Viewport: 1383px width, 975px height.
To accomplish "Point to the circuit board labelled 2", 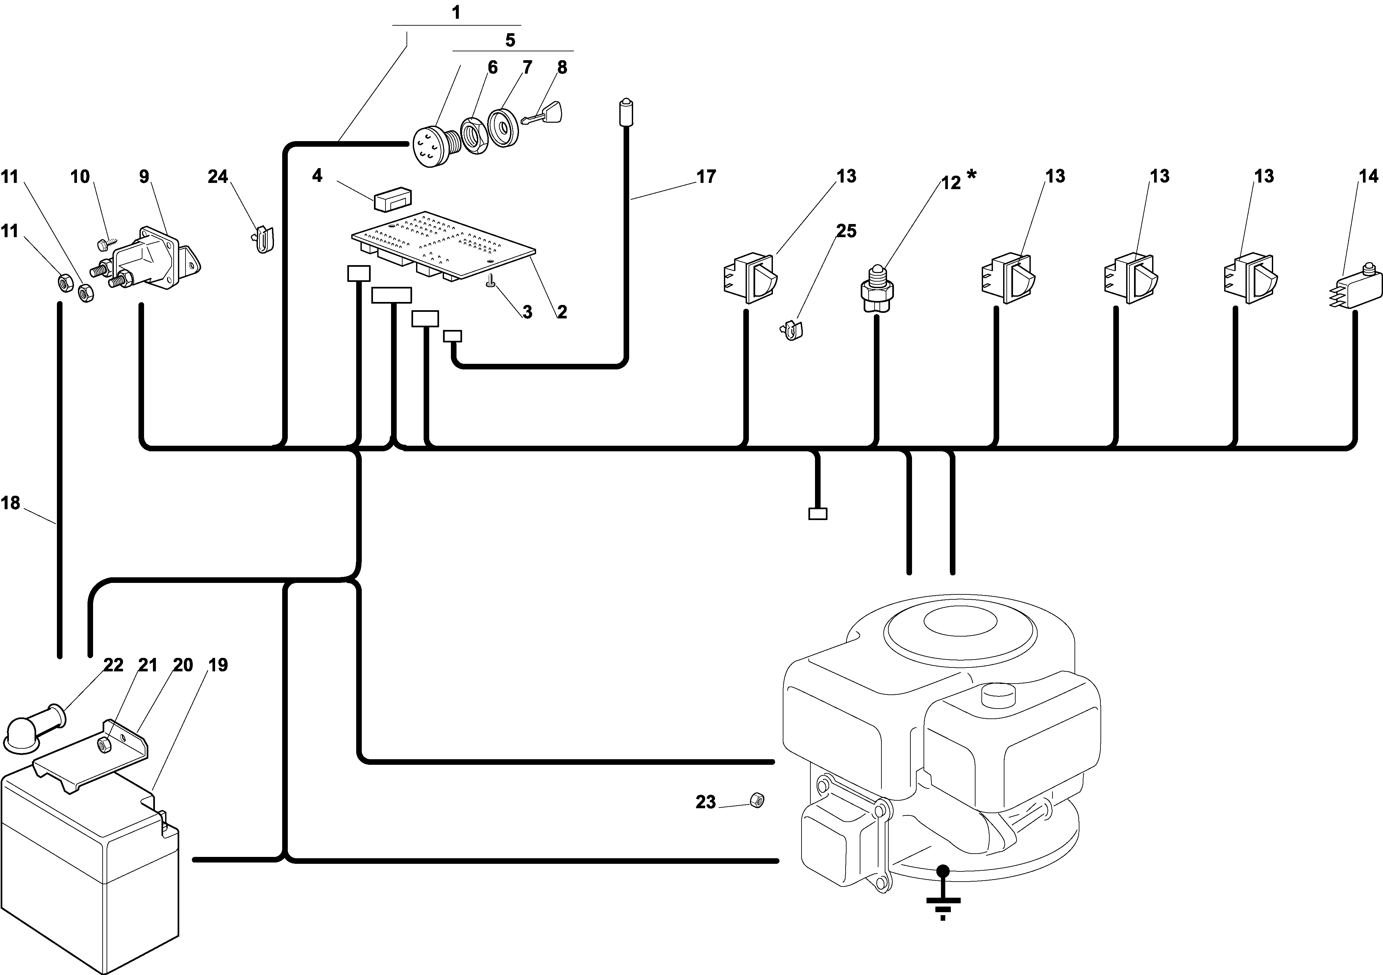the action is pos(444,246).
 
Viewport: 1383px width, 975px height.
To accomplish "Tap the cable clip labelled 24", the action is pos(263,238).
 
